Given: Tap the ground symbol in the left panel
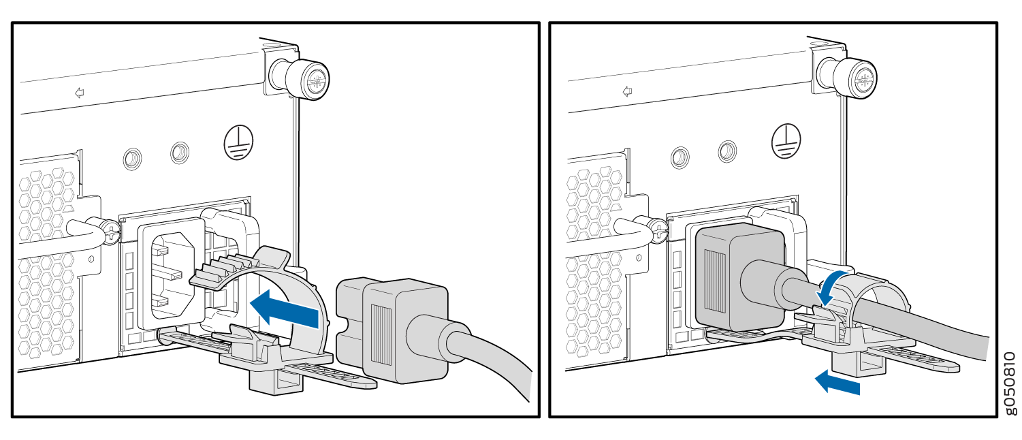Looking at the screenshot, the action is [238, 142].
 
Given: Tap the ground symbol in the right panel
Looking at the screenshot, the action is [786, 140].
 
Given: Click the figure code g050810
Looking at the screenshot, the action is [1011, 383].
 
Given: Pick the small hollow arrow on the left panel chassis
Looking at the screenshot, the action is [80, 93].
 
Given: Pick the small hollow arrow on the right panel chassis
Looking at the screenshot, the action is [627, 92].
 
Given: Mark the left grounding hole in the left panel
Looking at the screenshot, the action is [132, 159].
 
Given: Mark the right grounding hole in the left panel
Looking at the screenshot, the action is [180, 153].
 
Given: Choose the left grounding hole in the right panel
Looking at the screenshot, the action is [680, 158].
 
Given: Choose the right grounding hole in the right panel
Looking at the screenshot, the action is [727, 151].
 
